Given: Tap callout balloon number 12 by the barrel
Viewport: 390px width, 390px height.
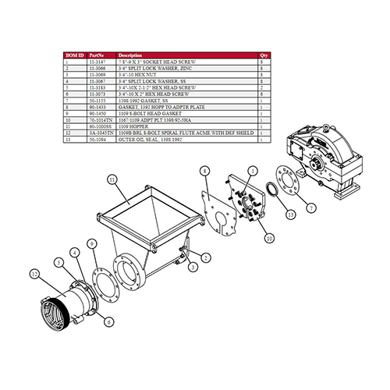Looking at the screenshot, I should pyautogui.click(x=34, y=274).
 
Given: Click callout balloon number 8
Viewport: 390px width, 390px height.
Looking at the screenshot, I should pyautogui.click(x=204, y=169).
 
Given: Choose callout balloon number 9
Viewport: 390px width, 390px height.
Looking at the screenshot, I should pyautogui.click(x=92, y=244).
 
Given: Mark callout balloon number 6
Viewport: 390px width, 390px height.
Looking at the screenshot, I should pyautogui.click(x=108, y=321).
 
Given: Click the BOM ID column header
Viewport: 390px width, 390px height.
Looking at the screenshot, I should pyautogui.click(x=75, y=56).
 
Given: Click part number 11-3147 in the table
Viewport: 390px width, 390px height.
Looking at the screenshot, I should pyautogui.click(x=99, y=62).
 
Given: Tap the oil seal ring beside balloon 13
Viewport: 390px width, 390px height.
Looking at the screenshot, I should pyautogui.click(x=271, y=191).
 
